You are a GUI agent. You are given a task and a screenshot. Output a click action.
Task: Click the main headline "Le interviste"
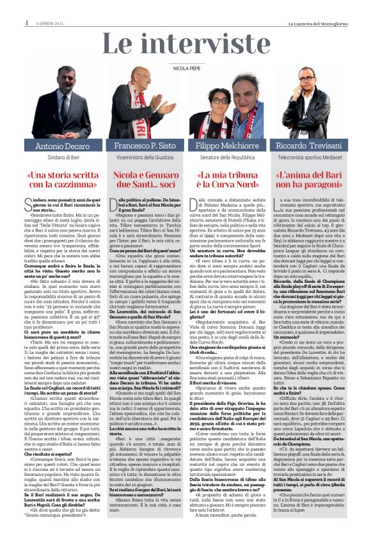coord(185,45)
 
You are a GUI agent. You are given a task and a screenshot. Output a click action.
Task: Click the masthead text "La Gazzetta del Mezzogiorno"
coord(332,6)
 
